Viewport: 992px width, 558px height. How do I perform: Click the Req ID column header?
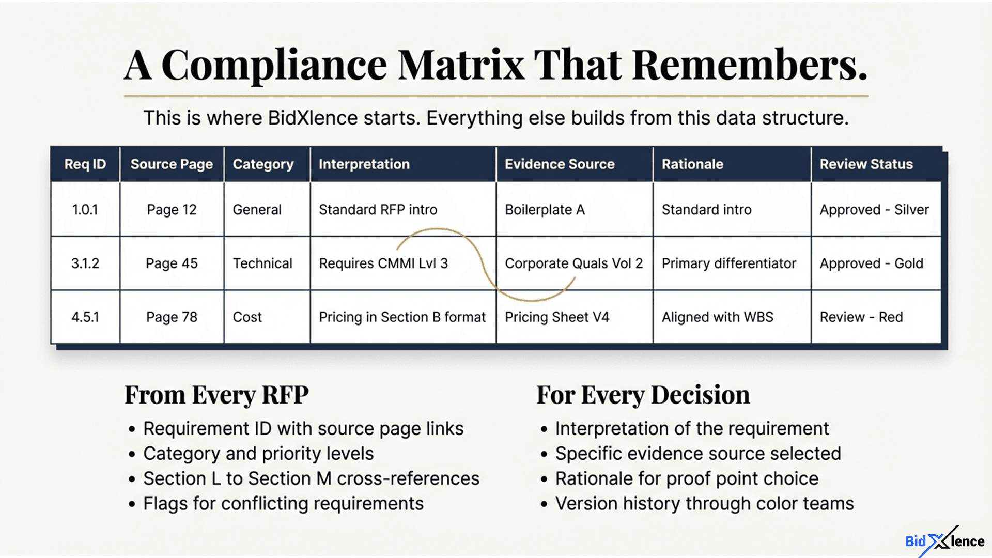click(85, 164)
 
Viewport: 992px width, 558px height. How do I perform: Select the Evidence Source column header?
click(560, 164)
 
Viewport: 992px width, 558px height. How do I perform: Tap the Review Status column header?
click(866, 164)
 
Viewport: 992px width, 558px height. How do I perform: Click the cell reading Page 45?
click(172, 263)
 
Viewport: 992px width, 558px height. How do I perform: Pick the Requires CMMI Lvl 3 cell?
click(383, 263)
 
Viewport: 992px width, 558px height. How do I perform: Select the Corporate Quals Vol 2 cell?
click(574, 263)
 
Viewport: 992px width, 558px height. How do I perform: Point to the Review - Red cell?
click(861, 317)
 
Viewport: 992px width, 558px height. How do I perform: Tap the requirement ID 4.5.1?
click(85, 317)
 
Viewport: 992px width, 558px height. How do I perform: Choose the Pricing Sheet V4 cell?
click(557, 317)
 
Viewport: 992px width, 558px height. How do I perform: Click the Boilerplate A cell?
click(545, 210)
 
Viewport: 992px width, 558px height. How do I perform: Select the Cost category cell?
click(247, 317)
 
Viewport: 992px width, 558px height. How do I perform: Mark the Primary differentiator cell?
click(729, 263)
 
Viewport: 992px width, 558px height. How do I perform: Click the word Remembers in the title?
click(749, 66)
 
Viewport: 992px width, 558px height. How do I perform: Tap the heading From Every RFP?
click(216, 395)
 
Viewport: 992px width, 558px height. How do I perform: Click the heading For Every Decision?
click(643, 395)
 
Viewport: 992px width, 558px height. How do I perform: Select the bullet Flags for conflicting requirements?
click(283, 504)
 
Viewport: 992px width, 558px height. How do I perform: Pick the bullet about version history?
click(704, 504)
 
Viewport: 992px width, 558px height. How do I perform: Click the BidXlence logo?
click(944, 541)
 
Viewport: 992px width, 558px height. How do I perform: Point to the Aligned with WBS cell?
click(717, 317)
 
